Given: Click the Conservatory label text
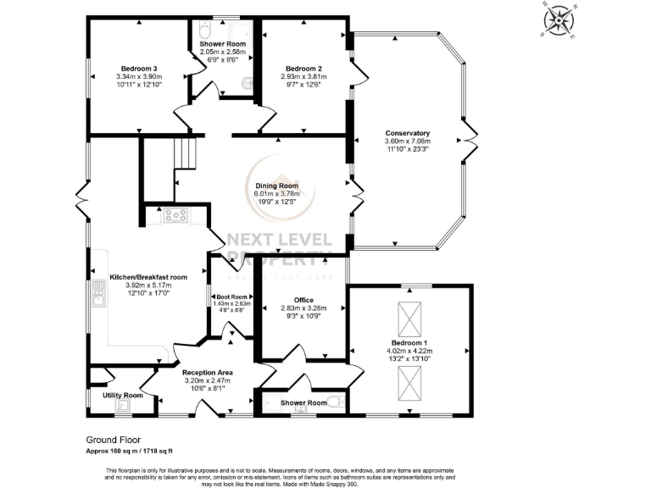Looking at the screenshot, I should coord(407,133).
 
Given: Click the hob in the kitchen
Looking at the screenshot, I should coord(175,215).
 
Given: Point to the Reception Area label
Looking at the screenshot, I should coord(208,372).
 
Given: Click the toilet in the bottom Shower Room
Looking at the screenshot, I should coord(337,403).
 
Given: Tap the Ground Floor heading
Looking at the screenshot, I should coord(114,440).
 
